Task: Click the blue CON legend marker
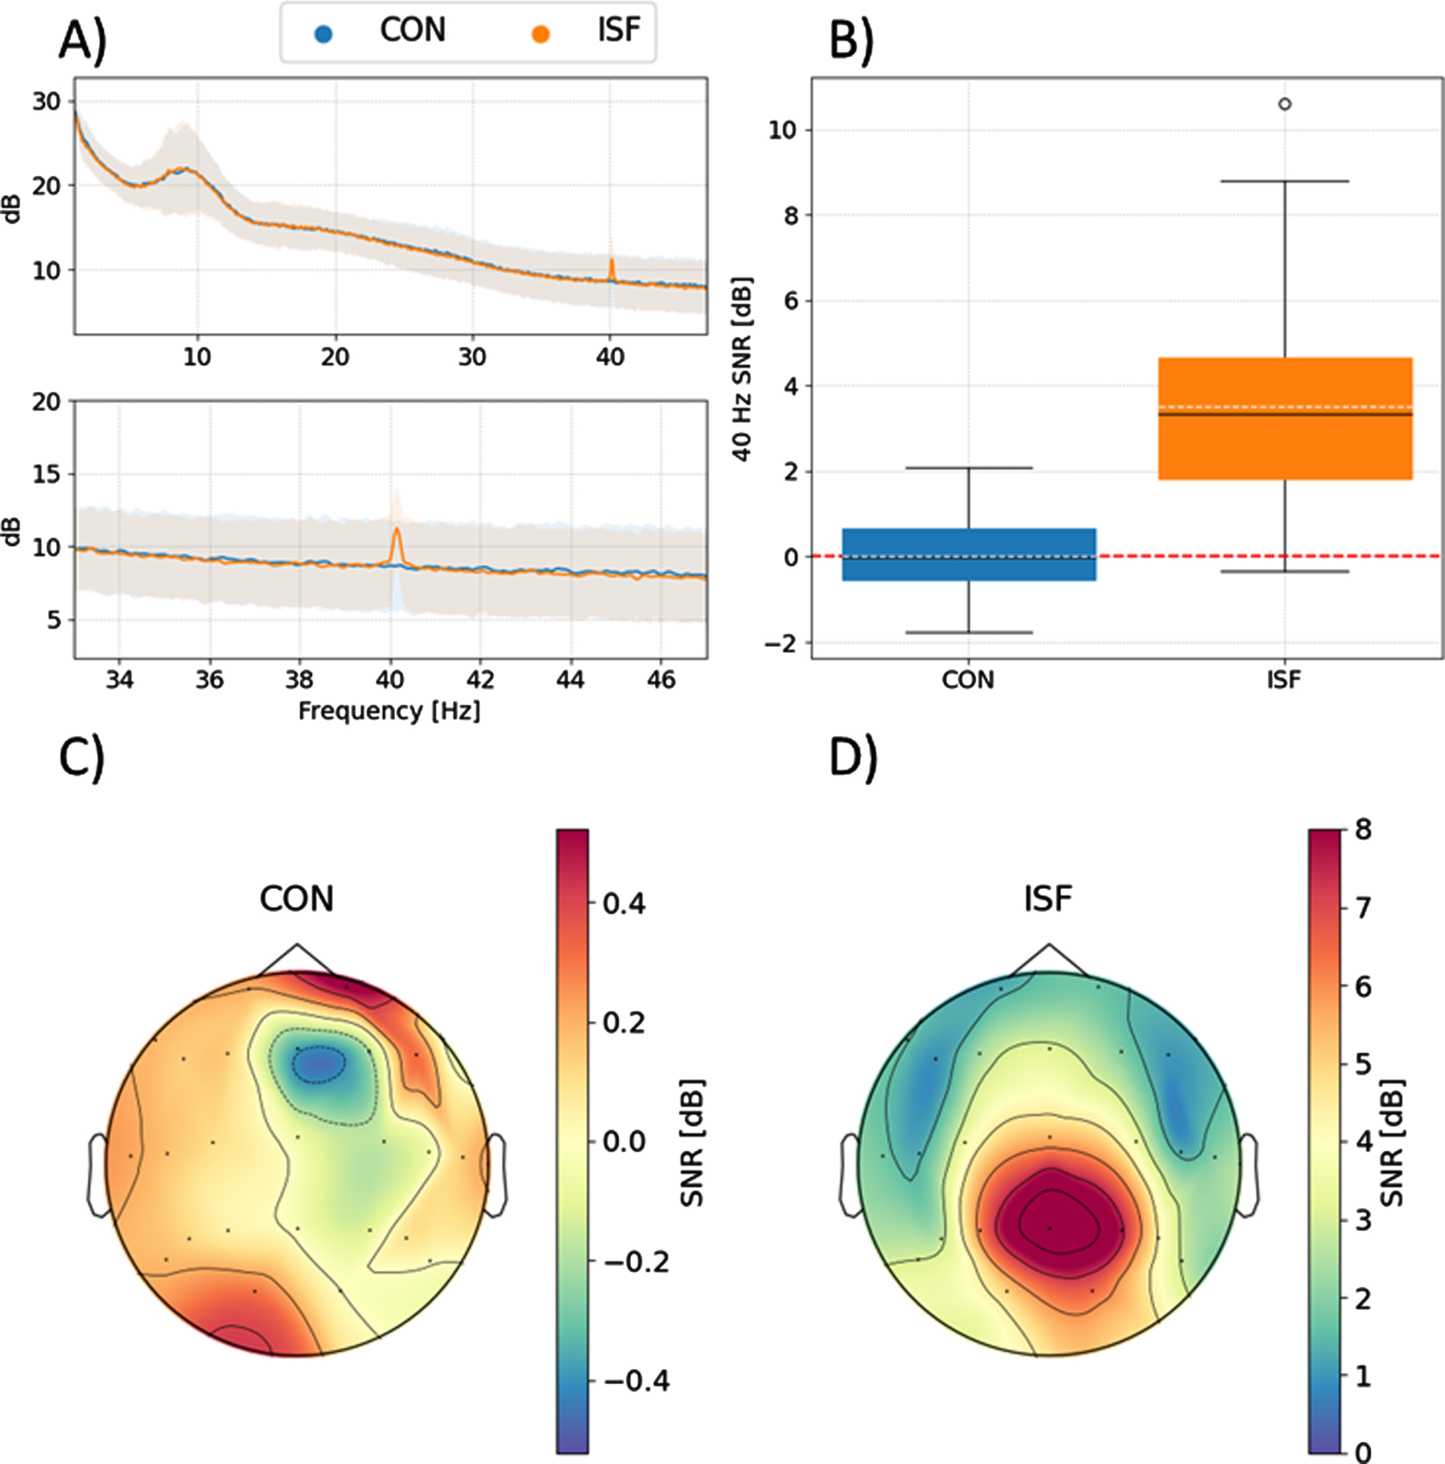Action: [x=323, y=34]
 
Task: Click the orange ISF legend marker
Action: [x=540, y=34]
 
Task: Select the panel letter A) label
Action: [x=83, y=40]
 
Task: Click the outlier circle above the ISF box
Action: [x=1285, y=104]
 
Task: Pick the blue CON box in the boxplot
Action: [x=969, y=555]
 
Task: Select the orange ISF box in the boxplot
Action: [x=1285, y=418]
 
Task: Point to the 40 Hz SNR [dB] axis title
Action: [x=743, y=369]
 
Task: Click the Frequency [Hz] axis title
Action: [x=389, y=711]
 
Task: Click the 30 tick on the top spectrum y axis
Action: [x=46, y=101]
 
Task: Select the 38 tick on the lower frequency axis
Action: [x=300, y=679]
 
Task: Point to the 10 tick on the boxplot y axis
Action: [x=783, y=130]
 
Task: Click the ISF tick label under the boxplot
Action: [x=1284, y=680]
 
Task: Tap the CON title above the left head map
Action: [x=296, y=899]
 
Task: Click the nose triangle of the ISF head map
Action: [x=1049, y=959]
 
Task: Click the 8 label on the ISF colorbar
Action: [x=1362, y=830]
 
